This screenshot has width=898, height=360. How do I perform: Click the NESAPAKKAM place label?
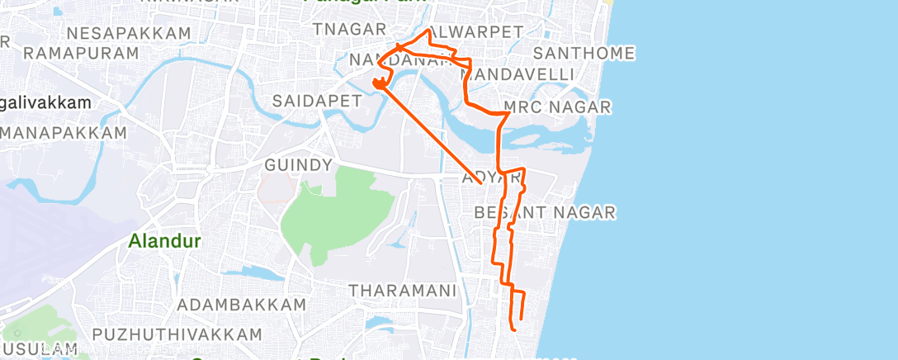tap(130, 34)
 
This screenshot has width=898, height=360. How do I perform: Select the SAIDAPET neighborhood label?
tap(318, 101)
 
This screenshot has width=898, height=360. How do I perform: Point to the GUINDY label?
tap(298, 165)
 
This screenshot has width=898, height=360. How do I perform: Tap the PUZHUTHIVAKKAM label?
tap(177, 334)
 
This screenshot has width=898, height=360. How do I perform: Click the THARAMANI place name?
tap(403, 291)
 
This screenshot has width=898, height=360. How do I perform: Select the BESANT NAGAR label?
tap(545, 213)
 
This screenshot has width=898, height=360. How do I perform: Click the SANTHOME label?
tap(584, 53)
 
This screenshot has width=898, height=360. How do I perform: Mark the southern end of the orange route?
tap(515, 329)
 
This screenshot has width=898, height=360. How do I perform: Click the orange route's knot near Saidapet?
tap(379, 82)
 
